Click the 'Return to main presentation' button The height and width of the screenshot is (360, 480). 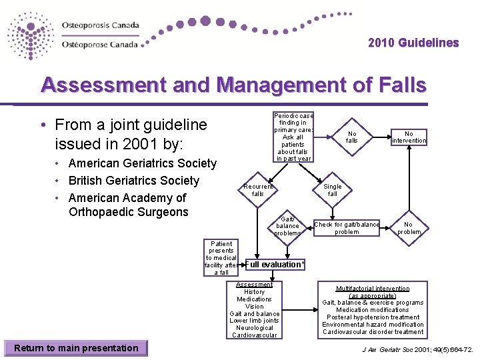(76, 348)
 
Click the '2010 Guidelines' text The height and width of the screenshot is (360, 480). (413, 43)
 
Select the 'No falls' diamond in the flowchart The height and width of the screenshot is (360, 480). (351, 137)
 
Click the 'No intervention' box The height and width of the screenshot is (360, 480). (409, 137)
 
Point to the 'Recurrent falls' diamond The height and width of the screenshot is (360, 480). (258, 190)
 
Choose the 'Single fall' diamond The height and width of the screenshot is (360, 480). (332, 190)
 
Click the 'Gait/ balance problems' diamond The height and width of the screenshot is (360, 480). (287, 226)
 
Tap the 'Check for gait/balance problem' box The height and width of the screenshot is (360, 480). (347, 228)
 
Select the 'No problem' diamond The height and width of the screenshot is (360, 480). (408, 228)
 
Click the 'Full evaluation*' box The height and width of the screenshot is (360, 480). (275, 265)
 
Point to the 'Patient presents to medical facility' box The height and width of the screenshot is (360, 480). (221, 258)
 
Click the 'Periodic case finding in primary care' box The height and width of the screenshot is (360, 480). (292, 137)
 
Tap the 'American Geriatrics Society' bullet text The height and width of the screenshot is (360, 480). (142, 163)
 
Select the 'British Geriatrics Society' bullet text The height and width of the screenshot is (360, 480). (133, 181)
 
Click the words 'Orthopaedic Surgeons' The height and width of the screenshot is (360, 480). (129, 213)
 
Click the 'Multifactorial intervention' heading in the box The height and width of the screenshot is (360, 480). (373, 289)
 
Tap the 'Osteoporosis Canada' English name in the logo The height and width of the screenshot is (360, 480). (101, 25)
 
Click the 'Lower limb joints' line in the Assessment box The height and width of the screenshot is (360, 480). (254, 321)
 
